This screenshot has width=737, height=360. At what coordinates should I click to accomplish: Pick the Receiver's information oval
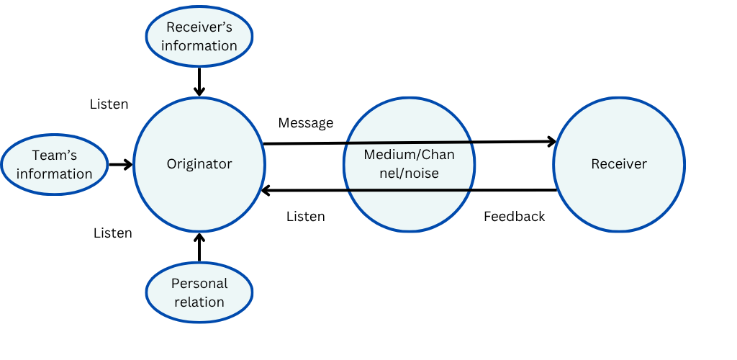tap(199, 37)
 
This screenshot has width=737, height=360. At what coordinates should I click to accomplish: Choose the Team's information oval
tap(55, 165)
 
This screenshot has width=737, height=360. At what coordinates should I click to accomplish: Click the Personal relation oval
tap(199, 292)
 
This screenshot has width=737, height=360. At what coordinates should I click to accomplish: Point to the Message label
tap(306, 123)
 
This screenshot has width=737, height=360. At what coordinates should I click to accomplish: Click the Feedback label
tap(514, 216)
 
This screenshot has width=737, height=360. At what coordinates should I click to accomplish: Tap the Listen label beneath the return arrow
tap(306, 216)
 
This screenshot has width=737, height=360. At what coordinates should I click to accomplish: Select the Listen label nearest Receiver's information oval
tap(109, 104)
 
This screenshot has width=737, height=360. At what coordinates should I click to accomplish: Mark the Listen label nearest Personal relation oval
tap(113, 233)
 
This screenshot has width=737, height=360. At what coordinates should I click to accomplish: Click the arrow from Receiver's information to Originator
tap(199, 80)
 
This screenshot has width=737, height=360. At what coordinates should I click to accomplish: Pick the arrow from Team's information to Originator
tap(120, 165)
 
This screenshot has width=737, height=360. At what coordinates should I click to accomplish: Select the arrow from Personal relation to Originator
tap(200, 247)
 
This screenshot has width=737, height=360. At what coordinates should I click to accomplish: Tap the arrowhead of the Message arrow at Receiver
tap(552, 141)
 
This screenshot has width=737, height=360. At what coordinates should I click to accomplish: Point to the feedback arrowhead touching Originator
tap(266, 191)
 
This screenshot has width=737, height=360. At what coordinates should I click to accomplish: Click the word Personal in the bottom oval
tap(199, 284)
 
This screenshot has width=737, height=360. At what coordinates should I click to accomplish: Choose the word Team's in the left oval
tap(55, 156)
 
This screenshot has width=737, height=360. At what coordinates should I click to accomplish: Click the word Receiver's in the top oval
tap(199, 28)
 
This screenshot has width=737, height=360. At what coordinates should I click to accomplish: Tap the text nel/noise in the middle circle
tap(409, 174)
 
